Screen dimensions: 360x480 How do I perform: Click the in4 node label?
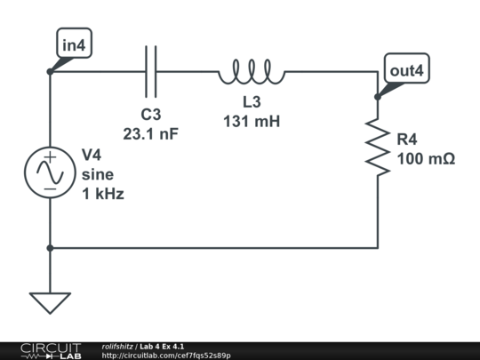point(74,44)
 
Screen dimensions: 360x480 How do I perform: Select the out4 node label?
point(405,69)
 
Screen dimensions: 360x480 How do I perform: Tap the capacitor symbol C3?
point(150,70)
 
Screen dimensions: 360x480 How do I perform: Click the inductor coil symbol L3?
point(252,72)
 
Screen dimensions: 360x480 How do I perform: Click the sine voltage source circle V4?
point(50,172)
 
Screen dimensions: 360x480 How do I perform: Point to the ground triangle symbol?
point(50,302)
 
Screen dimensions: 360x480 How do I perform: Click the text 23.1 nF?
point(151,133)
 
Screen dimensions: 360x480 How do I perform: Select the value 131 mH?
point(252,122)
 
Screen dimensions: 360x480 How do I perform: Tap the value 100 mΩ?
point(426,159)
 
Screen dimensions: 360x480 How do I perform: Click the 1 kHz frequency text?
point(103,193)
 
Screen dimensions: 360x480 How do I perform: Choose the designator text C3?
point(151,115)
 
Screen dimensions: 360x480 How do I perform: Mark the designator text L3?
point(252,103)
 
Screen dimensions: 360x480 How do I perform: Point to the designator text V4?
point(92,155)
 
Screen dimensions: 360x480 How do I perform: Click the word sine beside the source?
point(98,174)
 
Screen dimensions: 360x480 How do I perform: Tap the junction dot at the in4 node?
point(50,71)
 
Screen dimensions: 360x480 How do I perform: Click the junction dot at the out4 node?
point(378,97)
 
